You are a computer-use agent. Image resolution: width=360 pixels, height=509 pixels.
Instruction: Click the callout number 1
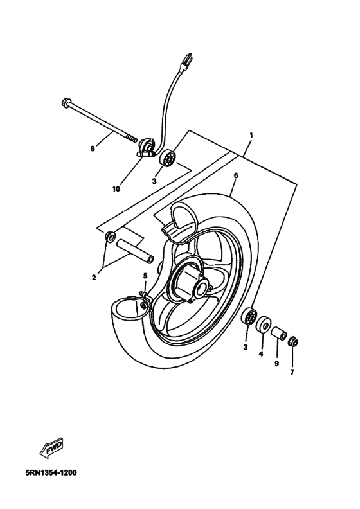click(x=251, y=135)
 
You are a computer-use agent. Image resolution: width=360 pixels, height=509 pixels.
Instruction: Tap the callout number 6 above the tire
click(x=236, y=175)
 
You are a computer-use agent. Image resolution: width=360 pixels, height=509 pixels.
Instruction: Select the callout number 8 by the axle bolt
click(x=92, y=148)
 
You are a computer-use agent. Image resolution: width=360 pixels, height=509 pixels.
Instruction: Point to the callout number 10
click(x=116, y=189)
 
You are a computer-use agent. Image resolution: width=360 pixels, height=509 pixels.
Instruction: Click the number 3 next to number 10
click(x=154, y=182)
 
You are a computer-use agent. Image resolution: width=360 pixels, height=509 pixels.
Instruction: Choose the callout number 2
click(x=94, y=278)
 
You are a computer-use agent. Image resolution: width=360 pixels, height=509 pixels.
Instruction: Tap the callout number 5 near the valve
click(x=145, y=276)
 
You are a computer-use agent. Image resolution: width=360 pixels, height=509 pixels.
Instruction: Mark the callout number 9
click(x=277, y=362)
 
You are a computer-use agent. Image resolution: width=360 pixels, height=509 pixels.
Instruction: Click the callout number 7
click(x=292, y=372)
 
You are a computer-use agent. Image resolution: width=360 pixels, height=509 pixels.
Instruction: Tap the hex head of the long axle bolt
click(x=66, y=102)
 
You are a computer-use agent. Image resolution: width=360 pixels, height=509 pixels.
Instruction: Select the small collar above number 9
click(x=277, y=334)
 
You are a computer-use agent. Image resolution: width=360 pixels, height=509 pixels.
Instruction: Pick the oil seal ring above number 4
click(x=262, y=325)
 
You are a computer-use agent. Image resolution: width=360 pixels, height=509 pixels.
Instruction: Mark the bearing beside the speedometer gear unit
click(x=170, y=157)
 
